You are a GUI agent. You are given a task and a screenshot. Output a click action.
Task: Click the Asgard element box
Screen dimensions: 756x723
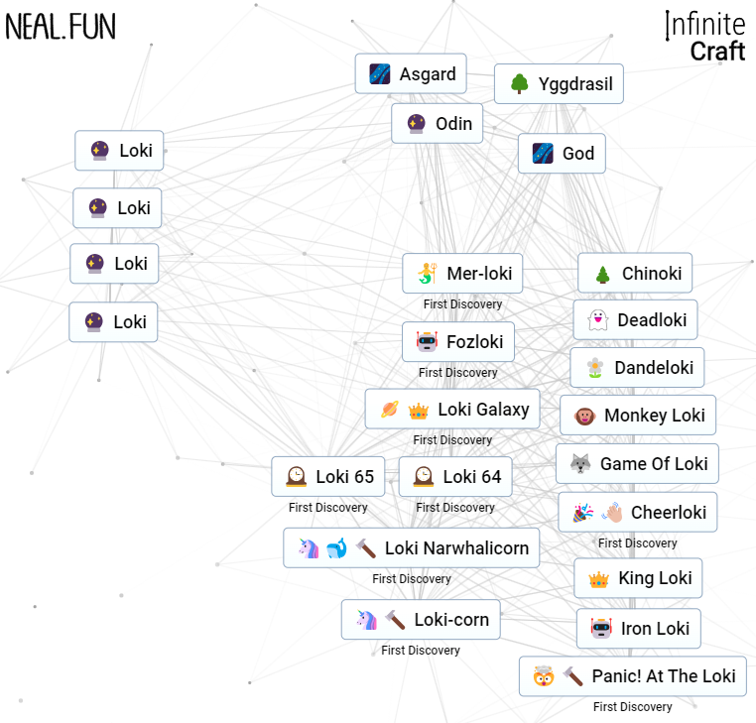411,73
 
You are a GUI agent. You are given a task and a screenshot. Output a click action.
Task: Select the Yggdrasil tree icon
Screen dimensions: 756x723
519,84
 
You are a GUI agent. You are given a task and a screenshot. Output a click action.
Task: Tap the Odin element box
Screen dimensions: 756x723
437,123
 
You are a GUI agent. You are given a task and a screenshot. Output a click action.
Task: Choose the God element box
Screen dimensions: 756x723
562,154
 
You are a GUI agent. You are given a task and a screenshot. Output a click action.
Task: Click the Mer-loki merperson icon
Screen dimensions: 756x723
428,274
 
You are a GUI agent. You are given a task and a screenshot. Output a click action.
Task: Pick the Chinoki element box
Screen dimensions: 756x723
635,273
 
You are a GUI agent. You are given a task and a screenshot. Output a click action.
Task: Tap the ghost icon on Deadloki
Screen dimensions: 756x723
598,320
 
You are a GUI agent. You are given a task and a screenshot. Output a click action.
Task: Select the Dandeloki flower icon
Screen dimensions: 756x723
595,368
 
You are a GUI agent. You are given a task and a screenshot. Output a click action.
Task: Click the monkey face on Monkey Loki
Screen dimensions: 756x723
584,416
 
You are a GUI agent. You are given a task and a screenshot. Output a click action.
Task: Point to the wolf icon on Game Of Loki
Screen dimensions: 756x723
580,464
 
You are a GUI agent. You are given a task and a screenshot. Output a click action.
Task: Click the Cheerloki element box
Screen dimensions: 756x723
637,512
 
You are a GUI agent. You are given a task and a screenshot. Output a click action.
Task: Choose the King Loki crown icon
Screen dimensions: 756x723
599,578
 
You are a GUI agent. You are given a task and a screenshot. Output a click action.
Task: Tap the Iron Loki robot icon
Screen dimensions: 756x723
601,628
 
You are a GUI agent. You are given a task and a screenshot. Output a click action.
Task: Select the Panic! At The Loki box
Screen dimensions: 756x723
633,675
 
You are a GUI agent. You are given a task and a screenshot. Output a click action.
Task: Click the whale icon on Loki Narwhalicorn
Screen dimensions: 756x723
337,548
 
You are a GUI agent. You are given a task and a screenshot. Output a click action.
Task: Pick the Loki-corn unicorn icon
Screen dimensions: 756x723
366,620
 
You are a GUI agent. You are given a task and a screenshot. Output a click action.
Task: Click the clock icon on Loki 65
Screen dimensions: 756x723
296,477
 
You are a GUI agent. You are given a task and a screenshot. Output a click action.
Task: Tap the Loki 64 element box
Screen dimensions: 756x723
455,476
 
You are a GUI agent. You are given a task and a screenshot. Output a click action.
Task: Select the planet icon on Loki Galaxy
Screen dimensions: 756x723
390,410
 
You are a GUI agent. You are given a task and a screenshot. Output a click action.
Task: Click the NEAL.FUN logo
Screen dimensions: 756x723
61,27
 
